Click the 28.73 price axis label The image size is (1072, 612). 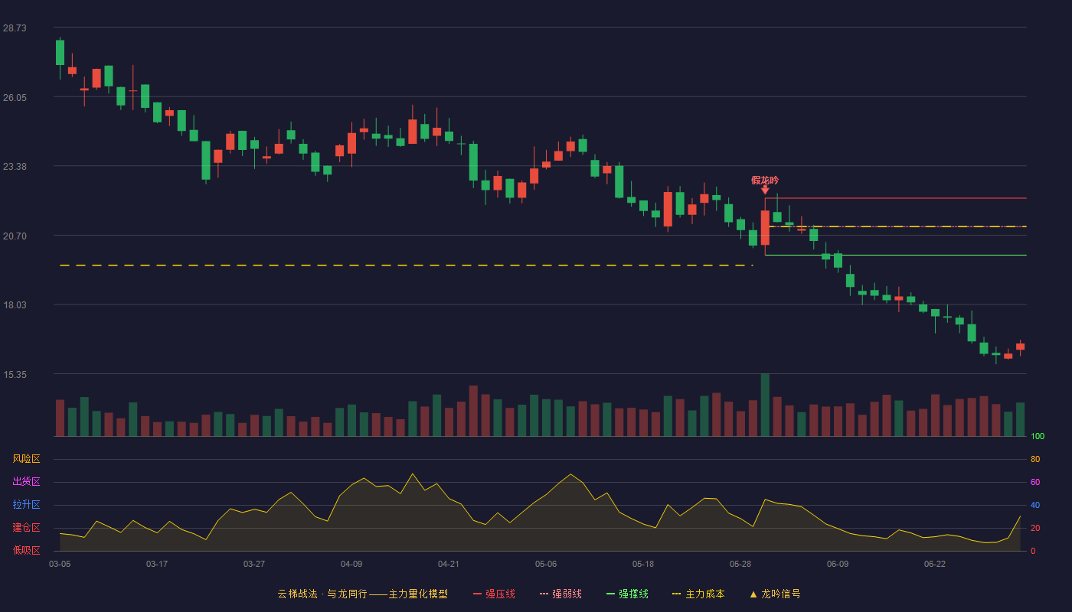[15, 28]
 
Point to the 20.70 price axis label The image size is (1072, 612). [15, 236]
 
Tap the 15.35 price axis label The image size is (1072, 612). [15, 375]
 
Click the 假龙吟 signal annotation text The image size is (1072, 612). [765, 181]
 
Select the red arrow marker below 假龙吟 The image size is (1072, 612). [765, 190]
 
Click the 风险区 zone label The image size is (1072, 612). [26, 459]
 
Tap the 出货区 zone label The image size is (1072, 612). [26, 481]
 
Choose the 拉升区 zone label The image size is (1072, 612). [26, 504]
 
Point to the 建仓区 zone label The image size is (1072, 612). [26, 527]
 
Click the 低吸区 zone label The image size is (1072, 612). [26, 550]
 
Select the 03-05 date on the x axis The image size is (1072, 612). [60, 565]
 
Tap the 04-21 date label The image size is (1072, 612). [449, 565]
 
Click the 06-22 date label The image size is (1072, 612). [935, 565]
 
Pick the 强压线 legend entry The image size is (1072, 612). [494, 594]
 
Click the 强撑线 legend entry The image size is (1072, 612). [627, 594]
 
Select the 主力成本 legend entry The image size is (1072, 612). [698, 594]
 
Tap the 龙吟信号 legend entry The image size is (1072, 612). [775, 594]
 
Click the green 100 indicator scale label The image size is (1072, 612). [1038, 436]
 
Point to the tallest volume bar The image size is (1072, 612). [765, 405]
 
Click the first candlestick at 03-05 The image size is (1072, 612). [60, 53]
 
